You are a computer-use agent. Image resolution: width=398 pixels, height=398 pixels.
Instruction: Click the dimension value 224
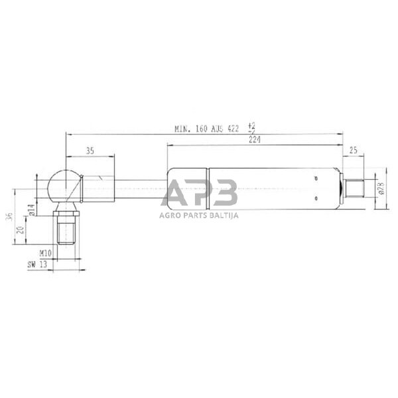[x=253, y=139]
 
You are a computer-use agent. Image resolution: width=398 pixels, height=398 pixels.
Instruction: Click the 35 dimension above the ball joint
[x=90, y=151]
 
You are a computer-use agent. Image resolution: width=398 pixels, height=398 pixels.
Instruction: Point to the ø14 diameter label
[x=31, y=212]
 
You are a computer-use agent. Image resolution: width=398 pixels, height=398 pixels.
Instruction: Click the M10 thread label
[x=46, y=253]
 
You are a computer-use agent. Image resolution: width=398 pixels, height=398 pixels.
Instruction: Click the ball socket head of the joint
[x=63, y=185]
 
